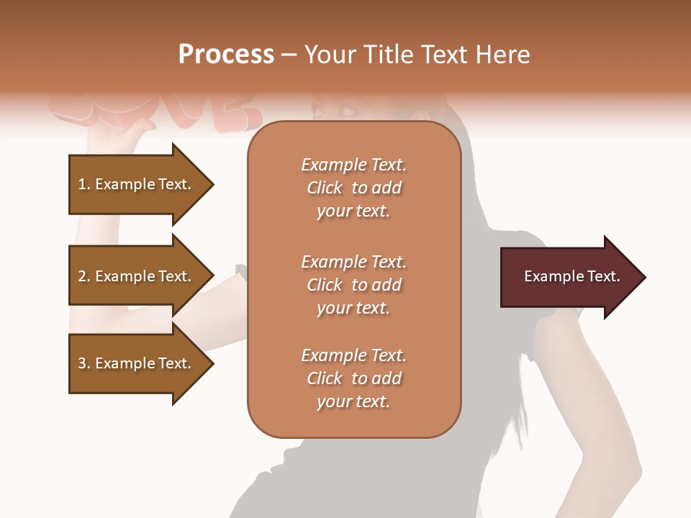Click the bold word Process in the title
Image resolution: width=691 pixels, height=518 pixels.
226,54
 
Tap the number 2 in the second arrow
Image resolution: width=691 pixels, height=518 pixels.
82,276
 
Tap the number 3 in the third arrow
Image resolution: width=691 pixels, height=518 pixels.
82,363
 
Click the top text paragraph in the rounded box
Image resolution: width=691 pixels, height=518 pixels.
353,188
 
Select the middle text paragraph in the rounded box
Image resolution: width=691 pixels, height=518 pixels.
353,285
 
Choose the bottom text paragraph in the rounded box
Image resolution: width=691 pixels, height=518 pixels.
353,378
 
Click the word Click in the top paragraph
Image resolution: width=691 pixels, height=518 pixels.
324,188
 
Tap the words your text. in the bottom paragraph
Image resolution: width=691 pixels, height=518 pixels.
353,401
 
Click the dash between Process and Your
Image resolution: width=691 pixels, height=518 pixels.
289,55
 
